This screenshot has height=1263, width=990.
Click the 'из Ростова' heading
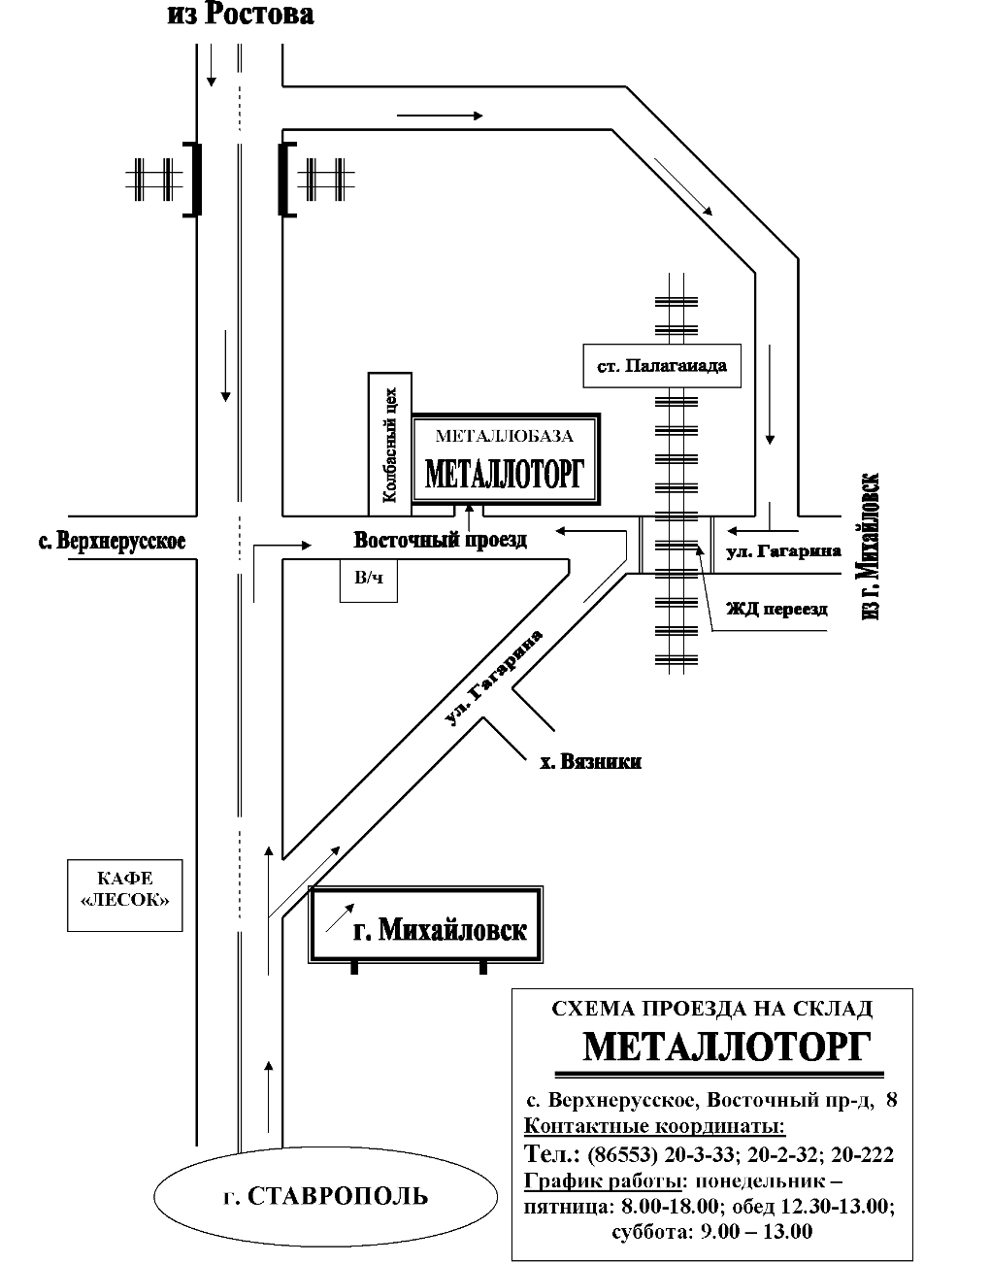(241, 15)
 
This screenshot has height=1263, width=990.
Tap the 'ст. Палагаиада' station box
(662, 366)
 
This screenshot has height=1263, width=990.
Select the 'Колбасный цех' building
(390, 444)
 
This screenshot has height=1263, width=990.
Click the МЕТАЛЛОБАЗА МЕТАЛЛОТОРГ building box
(506, 458)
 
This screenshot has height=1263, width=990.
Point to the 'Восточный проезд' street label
(441, 540)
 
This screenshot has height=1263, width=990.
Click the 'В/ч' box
(369, 581)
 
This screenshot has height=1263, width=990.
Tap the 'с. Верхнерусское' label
(113, 541)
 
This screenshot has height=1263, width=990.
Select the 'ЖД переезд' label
(776, 609)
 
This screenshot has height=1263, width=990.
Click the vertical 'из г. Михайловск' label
(870, 546)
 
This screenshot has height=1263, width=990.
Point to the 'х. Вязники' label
(590, 761)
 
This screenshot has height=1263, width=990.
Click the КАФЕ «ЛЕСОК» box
(125, 896)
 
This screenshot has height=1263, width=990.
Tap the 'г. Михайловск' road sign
(426, 925)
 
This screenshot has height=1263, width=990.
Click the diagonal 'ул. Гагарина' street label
(494, 677)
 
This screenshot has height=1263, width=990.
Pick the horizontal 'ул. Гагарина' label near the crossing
(784, 551)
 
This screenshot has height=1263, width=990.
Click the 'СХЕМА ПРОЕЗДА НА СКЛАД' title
(711, 1009)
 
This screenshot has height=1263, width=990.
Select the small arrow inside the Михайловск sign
(340, 918)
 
